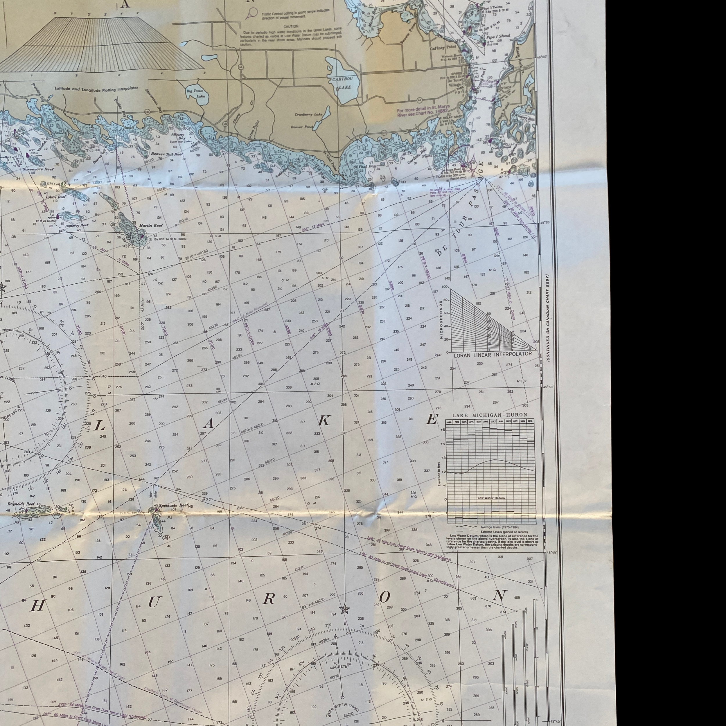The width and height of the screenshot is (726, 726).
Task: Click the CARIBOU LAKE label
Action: [341, 83]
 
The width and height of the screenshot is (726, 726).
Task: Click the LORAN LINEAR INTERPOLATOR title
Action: [493, 354]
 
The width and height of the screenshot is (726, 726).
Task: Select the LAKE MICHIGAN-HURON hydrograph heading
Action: [490, 415]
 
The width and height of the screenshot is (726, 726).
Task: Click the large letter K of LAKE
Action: [324, 421]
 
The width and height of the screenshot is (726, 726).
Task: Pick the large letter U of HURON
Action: [154, 602]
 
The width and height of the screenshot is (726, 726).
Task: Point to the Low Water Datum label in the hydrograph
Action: [491, 498]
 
